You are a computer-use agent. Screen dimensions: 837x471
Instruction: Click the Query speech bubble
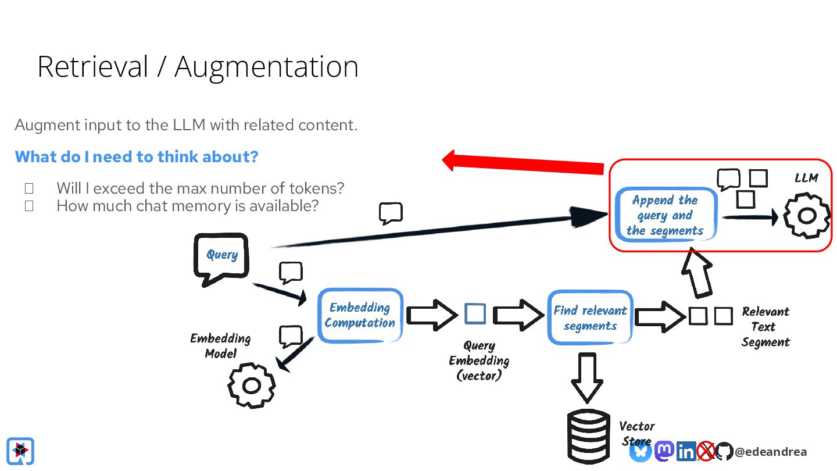(x=221, y=259)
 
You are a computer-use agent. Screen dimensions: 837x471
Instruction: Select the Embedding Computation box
(x=360, y=316)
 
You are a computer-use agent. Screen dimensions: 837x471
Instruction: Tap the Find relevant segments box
(x=590, y=317)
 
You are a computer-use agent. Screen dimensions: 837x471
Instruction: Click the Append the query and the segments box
(x=666, y=215)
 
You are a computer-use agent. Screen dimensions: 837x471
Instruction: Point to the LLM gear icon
(x=806, y=215)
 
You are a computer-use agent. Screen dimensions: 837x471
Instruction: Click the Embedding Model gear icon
(x=252, y=386)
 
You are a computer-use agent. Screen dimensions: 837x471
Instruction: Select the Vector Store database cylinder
(x=588, y=437)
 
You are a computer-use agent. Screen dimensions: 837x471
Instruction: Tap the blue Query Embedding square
(x=475, y=313)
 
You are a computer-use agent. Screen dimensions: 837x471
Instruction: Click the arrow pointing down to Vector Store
(x=587, y=377)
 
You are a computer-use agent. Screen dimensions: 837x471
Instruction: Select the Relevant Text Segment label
(x=766, y=327)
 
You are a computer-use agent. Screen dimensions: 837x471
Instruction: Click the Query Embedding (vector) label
(x=479, y=361)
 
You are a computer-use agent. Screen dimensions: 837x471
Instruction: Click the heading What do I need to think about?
(x=137, y=156)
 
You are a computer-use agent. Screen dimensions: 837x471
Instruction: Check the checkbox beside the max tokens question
(x=29, y=188)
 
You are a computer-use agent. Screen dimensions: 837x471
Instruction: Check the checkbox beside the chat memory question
(x=29, y=206)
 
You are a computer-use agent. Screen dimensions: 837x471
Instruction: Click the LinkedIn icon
(x=686, y=451)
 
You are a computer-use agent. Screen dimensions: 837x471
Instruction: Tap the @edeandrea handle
(x=771, y=452)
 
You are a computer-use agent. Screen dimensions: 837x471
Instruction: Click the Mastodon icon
(x=664, y=451)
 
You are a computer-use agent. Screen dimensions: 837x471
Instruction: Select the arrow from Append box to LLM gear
(x=750, y=217)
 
